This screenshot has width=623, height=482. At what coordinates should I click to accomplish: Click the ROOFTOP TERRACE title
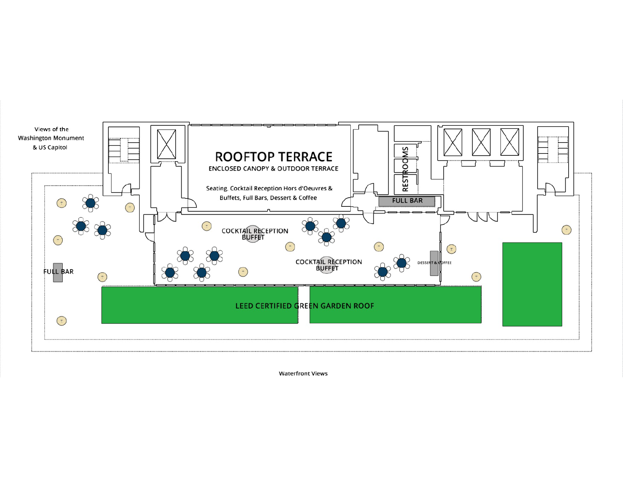273,157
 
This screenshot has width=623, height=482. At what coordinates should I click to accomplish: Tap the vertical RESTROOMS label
405,169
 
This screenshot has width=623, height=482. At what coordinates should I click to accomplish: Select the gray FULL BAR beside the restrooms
407,201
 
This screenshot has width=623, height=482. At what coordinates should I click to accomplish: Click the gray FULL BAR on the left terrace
58,273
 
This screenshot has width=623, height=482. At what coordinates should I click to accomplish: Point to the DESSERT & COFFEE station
434,263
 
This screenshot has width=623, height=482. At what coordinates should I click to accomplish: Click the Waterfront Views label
303,374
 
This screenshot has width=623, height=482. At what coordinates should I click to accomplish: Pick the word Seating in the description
217,189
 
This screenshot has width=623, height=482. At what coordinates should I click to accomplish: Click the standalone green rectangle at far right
532,284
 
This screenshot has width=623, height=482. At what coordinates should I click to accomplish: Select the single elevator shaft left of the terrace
167,144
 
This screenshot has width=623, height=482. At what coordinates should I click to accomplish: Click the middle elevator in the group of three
481,142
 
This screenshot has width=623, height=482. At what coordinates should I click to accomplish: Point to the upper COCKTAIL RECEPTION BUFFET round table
252,234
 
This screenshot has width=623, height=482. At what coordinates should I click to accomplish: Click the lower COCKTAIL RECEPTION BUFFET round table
327,265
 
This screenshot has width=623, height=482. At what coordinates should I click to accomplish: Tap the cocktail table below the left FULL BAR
62,321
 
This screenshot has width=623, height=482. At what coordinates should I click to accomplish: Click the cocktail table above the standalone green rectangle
566,230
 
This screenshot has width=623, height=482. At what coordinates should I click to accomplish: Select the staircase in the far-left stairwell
124,150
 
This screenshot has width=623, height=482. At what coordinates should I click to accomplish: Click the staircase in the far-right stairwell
553,150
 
